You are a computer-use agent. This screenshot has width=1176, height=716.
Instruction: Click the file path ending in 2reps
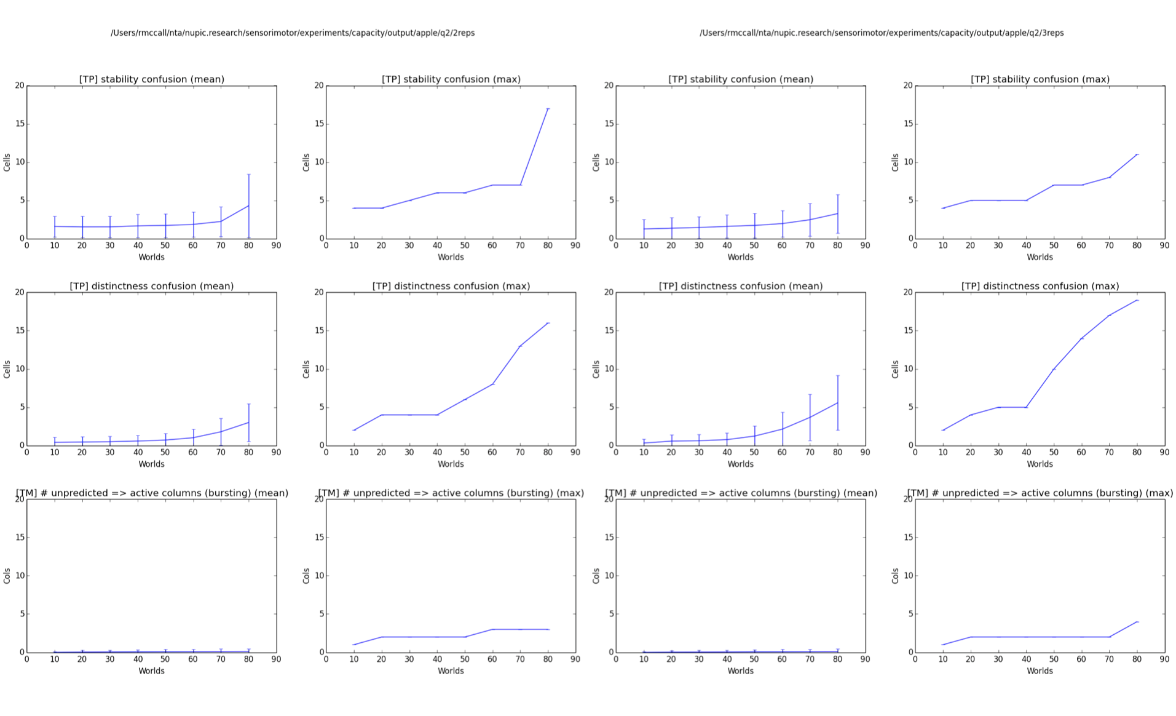pos(293,33)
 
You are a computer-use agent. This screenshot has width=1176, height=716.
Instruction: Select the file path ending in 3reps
pos(882,33)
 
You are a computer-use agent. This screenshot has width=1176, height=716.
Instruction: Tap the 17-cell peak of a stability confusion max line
pos(548,109)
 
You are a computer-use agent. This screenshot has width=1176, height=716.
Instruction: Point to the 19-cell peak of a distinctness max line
pos(1137,300)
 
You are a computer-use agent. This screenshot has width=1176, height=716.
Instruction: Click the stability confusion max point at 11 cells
pos(1137,154)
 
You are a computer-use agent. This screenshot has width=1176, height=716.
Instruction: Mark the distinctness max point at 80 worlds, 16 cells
pos(548,323)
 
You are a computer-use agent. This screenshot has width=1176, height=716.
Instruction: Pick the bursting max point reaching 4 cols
pos(1137,622)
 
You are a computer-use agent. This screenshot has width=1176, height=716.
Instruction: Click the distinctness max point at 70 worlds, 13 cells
pos(520,346)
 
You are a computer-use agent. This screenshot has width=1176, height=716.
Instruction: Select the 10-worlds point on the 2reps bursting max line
pos(354,645)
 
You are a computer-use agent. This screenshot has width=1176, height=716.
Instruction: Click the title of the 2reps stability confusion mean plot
pos(152,79)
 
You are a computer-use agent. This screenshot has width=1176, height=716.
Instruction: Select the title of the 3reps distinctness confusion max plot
pos(1040,286)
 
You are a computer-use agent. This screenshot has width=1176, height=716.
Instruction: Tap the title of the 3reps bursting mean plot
pos(741,493)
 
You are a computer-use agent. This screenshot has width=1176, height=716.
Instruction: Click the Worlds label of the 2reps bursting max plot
pos(451,671)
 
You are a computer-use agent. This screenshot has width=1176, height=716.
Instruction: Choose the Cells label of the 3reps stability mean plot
pos(596,162)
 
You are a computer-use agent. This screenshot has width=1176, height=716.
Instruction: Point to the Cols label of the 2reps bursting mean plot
pos(7,576)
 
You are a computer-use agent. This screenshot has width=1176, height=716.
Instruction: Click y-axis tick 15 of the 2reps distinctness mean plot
pos(20,331)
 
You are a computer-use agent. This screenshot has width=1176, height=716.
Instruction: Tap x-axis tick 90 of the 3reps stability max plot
pos(1164,245)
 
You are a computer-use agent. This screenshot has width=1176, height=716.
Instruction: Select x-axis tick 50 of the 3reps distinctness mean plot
pos(754,452)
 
